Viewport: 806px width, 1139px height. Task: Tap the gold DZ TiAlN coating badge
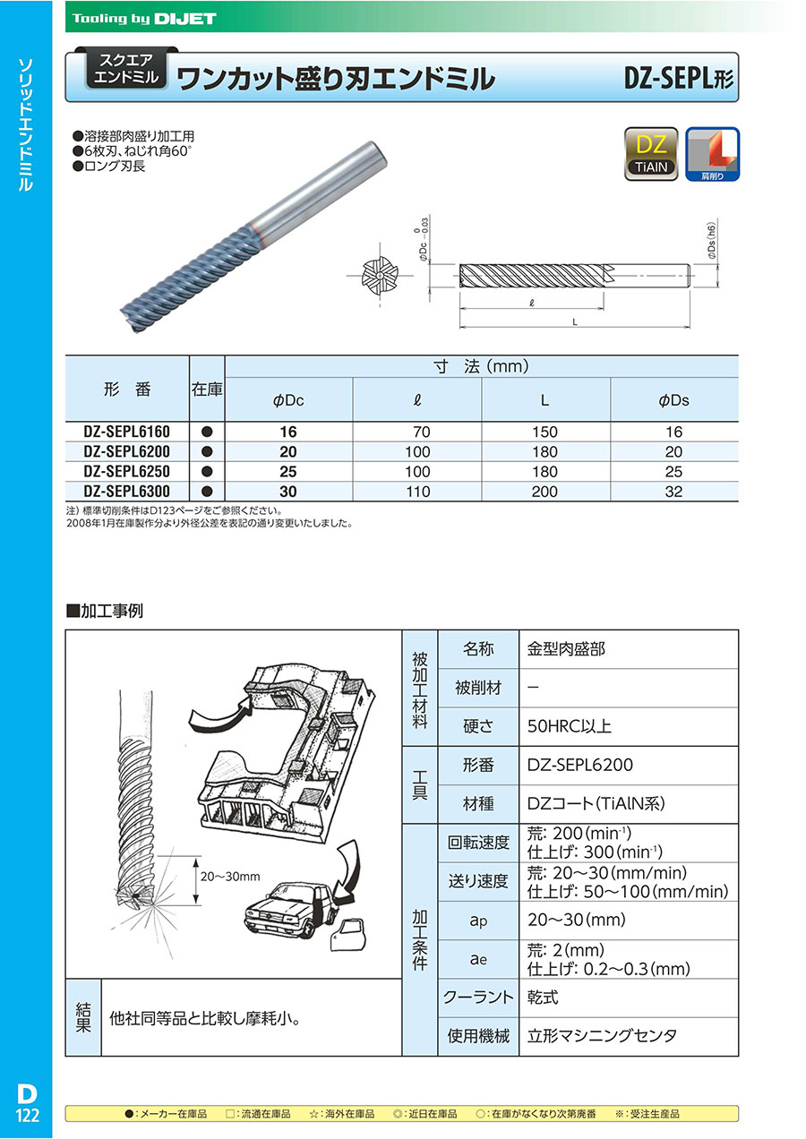(651, 154)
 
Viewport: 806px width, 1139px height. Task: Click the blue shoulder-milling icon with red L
(712, 154)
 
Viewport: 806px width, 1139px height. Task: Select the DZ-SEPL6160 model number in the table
(126, 432)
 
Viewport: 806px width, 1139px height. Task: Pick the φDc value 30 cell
(287, 492)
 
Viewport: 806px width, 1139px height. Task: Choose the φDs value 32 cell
(673, 492)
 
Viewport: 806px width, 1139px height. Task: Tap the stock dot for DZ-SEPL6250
(206, 472)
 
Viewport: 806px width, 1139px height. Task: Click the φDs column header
(673, 400)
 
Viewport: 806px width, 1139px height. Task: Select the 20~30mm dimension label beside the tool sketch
(229, 877)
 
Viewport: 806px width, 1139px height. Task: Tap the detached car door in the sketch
(347, 937)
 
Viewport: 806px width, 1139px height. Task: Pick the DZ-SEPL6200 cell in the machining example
(580, 766)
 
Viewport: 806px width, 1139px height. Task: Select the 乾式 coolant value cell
(544, 998)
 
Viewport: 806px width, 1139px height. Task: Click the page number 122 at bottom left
(27, 1114)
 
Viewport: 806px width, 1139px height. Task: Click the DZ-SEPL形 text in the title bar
(679, 79)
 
